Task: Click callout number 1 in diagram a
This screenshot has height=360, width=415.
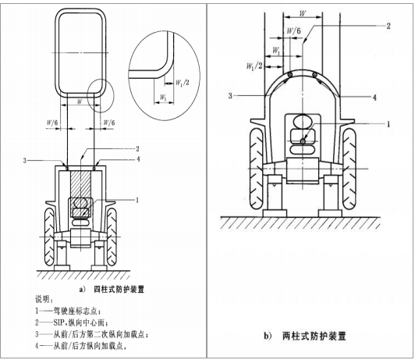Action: click(137, 200)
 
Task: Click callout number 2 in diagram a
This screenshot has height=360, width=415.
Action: click(137, 149)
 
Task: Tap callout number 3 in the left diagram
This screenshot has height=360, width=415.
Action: click(25, 161)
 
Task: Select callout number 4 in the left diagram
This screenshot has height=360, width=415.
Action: click(137, 159)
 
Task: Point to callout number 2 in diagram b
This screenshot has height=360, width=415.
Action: click(388, 26)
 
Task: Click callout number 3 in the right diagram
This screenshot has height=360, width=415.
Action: click(230, 95)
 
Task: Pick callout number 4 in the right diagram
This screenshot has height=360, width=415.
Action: click(374, 98)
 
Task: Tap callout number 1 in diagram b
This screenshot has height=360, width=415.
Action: click(388, 124)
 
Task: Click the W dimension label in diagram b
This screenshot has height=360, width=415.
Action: click(302, 13)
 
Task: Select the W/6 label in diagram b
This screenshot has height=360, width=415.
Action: click(294, 30)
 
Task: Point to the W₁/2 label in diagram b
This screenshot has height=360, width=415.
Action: click(254, 66)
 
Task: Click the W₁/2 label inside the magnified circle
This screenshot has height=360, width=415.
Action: click(183, 83)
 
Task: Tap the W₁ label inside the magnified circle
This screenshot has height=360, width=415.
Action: click(163, 98)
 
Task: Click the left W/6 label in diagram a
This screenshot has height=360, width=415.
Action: click(52, 123)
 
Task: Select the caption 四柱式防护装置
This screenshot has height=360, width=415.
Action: click(119, 289)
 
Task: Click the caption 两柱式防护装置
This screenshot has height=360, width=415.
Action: click(314, 336)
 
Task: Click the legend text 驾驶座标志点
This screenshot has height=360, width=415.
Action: click(75, 311)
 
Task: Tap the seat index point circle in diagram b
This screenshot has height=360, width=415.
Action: click(303, 141)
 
